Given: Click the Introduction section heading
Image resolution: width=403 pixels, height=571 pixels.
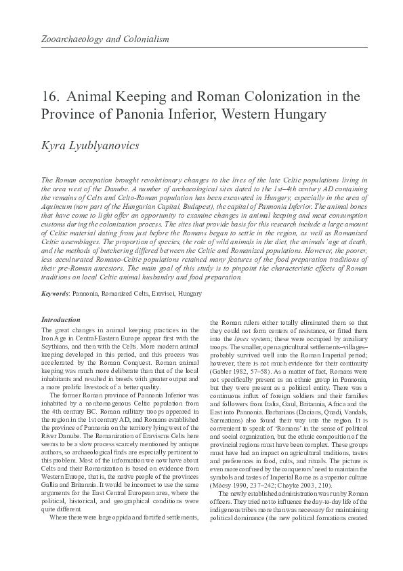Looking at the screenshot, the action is coord(61,319).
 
